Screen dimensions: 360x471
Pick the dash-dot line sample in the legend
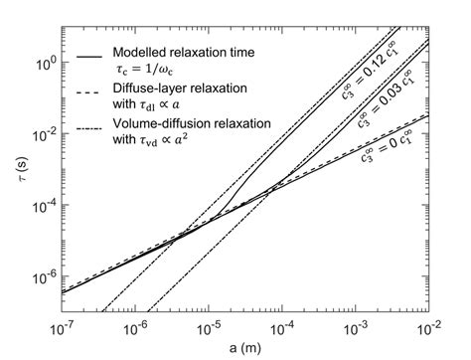tap(92, 133)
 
